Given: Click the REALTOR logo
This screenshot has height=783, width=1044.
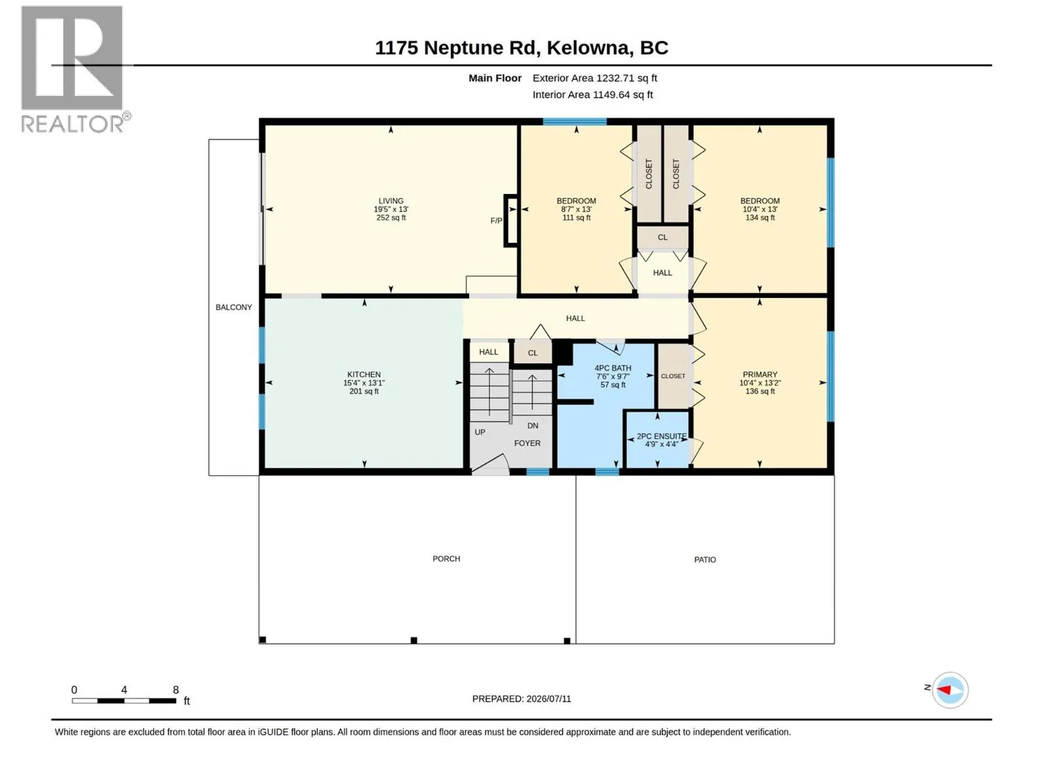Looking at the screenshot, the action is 75,69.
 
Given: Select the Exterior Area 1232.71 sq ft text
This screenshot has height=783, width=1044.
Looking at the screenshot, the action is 594,78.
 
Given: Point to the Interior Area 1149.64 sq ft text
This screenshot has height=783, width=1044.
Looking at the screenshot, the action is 592,95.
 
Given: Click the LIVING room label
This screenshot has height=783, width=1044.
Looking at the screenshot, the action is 390,200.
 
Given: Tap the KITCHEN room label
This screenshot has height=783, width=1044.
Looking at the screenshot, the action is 363,374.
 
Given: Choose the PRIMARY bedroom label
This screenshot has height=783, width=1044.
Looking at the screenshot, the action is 760,374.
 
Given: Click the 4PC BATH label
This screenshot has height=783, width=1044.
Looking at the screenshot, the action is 613,367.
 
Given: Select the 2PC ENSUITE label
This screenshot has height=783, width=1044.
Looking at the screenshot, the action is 661,435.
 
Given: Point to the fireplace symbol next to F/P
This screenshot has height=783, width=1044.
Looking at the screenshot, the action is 512,220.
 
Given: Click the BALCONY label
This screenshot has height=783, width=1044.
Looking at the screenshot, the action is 234,307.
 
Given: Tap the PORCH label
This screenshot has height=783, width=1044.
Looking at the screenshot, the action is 446,558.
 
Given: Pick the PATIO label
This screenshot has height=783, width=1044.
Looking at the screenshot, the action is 705,559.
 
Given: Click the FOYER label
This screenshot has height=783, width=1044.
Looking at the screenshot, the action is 527,442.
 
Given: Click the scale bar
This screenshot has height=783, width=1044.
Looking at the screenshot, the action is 124,700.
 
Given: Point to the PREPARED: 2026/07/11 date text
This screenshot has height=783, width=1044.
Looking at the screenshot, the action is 521,698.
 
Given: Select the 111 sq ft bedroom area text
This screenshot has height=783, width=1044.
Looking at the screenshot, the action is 576,217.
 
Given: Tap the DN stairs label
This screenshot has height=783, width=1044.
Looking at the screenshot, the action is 532,425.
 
